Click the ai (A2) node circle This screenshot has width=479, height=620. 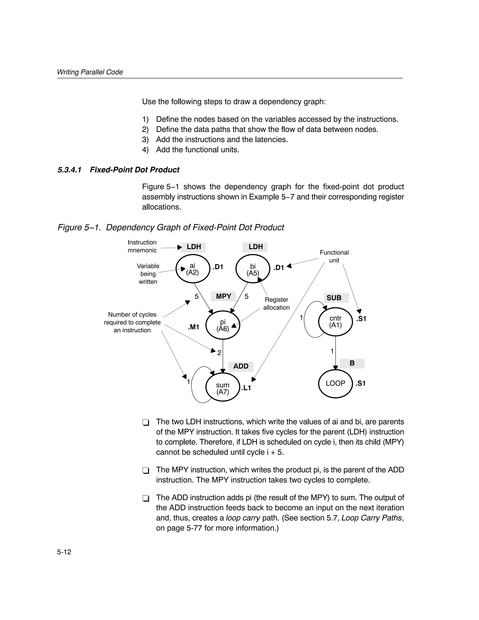coord(192,269)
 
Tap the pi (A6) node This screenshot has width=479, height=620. coord(223,325)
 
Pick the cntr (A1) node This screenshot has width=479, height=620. coord(335,322)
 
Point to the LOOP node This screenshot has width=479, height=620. coord(335,383)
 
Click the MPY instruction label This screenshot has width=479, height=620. coord(223,296)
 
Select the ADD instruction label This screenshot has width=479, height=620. coord(241,366)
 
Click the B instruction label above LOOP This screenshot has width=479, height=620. coord(352,363)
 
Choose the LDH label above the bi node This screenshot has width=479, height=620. coord(256,247)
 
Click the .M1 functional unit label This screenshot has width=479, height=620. coord(194,327)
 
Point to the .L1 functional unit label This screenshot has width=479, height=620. coord(246,388)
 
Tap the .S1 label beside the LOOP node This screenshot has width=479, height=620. coord(361,384)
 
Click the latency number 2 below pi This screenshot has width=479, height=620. coord(219,353)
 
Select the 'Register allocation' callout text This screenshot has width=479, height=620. coord(276,304)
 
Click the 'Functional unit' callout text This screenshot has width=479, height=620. coord(334,256)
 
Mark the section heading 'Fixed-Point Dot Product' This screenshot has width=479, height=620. coord(134,170)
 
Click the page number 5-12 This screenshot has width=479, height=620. coord(64,552)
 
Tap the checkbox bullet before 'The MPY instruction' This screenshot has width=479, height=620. coord(146,471)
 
